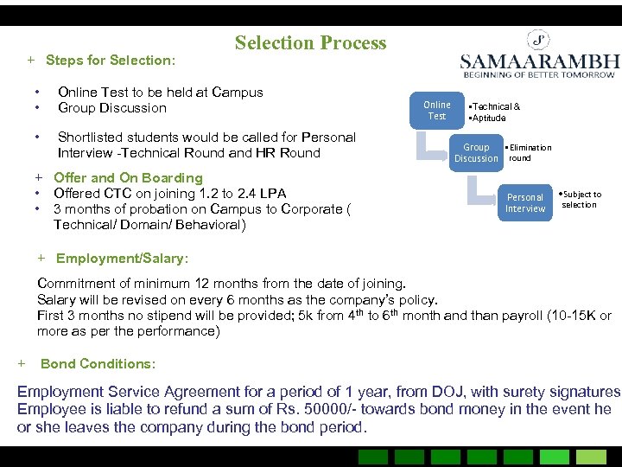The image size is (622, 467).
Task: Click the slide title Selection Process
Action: click(310, 43)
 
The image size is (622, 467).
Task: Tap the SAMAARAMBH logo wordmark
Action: click(539, 62)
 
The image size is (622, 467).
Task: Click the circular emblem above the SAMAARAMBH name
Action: click(540, 40)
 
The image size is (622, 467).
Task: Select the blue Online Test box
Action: click(436, 111)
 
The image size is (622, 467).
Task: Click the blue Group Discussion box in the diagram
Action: click(476, 152)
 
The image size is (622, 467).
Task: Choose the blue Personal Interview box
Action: click(525, 202)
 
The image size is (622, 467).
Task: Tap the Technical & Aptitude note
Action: click(493, 112)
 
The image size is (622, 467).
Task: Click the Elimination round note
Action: click(529, 153)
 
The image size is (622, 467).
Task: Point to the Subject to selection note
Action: click(581, 200)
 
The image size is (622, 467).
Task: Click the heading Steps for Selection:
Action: click(110, 61)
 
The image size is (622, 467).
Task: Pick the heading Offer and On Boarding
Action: click(128, 178)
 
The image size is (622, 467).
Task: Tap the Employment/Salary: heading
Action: click(122, 259)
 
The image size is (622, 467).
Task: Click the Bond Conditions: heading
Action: click(98, 364)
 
